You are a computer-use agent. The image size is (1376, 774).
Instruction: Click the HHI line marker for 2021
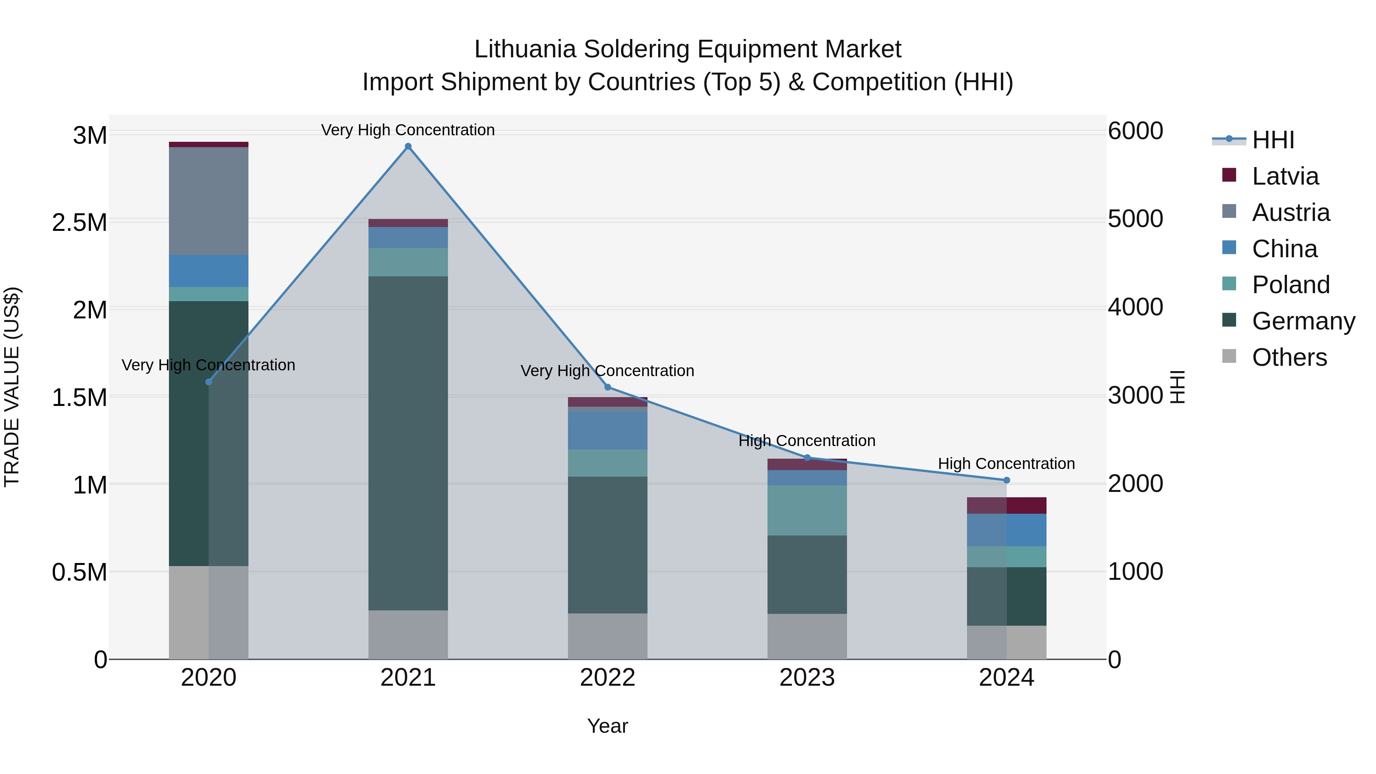tap(408, 146)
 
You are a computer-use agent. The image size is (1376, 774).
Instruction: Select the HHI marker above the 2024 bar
tap(1006, 480)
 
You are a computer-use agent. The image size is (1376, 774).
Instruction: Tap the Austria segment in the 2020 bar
tap(208, 200)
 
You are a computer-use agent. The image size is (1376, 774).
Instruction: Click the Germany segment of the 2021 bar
tap(408, 443)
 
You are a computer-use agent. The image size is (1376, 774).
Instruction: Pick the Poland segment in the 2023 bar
tap(807, 510)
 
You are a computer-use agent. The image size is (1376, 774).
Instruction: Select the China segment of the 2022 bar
tap(607, 430)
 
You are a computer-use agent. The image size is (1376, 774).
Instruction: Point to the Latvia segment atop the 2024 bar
tap(1006, 505)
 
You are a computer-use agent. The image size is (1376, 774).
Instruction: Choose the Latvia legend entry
tap(1285, 176)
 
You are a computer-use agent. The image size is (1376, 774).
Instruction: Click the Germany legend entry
tap(1303, 321)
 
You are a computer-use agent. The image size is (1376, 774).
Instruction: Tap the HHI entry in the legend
tap(1272, 140)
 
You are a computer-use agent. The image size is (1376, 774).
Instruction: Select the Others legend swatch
tap(1229, 356)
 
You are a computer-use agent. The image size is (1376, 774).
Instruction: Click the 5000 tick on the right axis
tap(1135, 219)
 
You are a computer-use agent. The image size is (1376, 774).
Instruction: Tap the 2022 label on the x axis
tap(607, 678)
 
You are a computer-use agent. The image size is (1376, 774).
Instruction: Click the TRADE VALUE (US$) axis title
tap(12, 387)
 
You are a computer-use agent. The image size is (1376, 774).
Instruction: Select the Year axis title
tap(607, 726)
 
